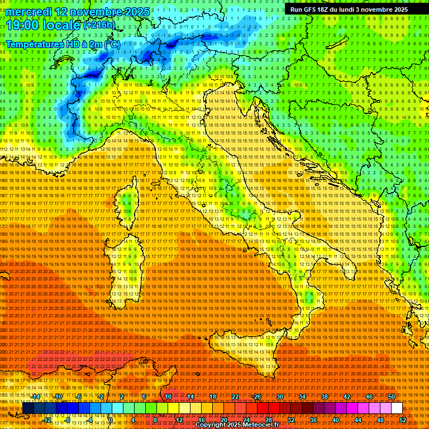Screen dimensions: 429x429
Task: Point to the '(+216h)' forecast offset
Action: point(99,25)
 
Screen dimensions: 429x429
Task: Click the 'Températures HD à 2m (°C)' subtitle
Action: point(63,44)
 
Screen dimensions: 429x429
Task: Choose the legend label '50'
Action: point(392,396)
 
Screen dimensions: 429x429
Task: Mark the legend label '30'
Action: point(280,396)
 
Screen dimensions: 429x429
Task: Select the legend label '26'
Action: point(258,396)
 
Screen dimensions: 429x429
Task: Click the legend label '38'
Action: point(325,396)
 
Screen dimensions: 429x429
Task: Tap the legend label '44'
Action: point(357,420)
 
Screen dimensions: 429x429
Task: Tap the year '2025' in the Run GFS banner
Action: point(399,9)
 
